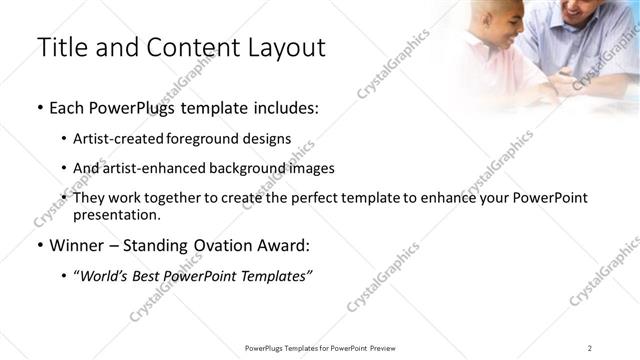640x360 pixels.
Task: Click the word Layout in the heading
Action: point(285,47)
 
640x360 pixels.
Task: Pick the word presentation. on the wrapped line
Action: point(116,214)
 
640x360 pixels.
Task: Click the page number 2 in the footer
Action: point(589,348)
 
